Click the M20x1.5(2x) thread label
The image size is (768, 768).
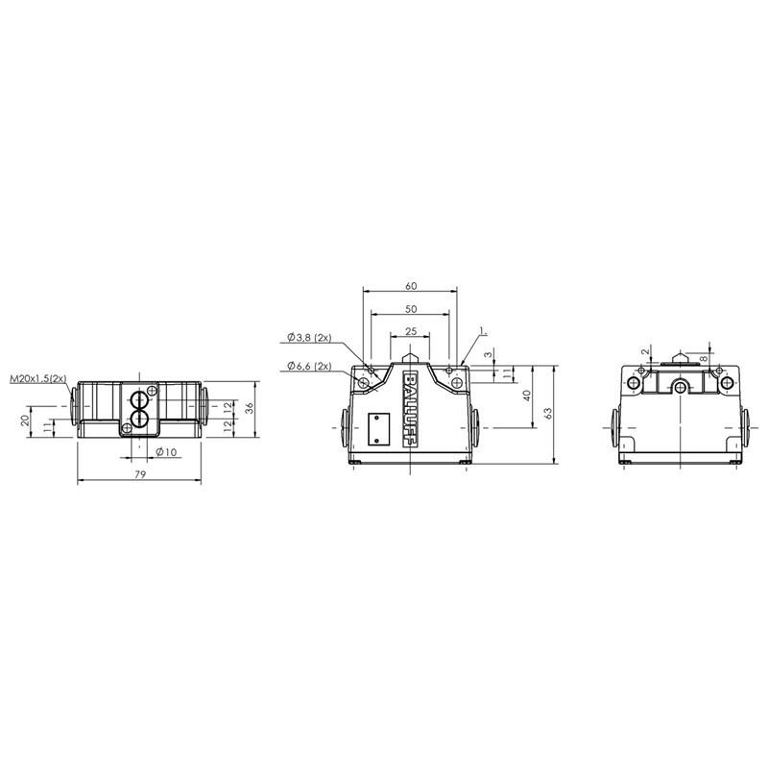[38, 378]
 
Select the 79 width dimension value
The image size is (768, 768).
[140, 474]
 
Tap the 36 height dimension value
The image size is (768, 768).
[249, 409]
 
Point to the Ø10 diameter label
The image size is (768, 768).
[166, 452]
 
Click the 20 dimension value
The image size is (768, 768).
[26, 420]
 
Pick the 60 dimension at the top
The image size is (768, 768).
[411, 285]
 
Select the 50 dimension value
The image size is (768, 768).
[411, 309]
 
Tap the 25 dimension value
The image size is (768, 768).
[411, 331]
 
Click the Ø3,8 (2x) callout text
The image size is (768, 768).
[309, 338]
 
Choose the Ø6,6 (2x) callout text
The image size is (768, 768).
[309, 366]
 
